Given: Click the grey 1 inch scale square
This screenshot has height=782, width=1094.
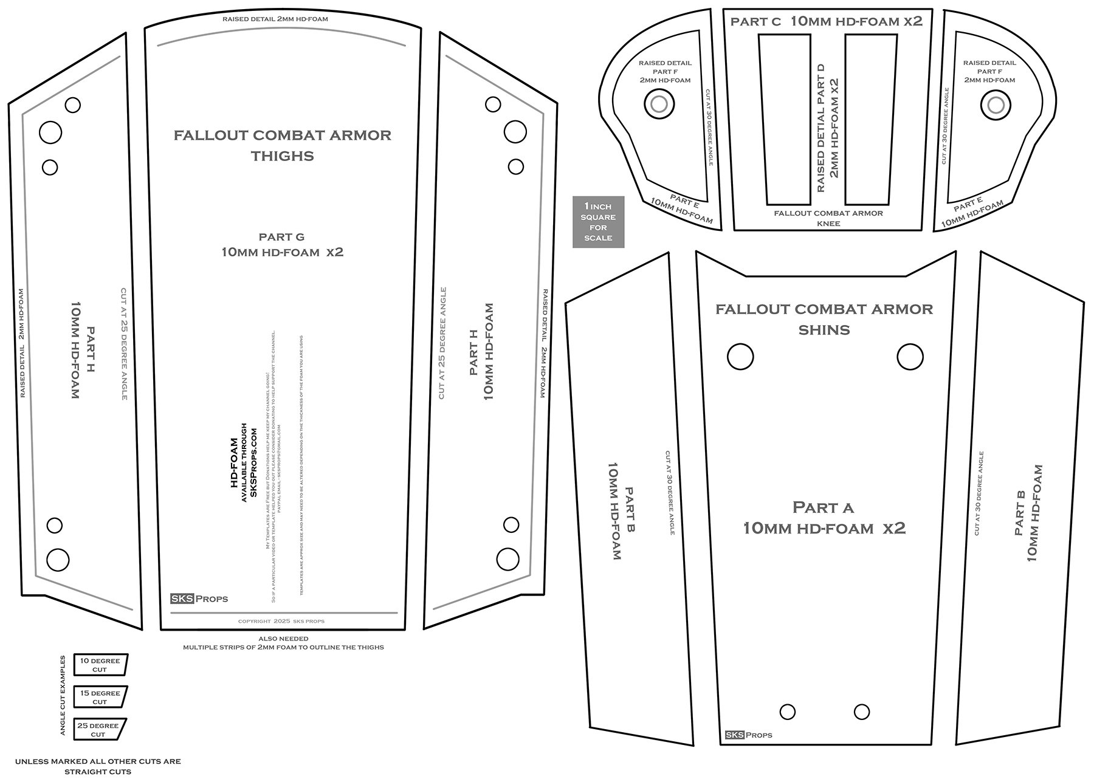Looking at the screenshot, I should click(x=598, y=222).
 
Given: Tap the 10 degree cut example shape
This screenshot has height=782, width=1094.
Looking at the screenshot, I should click(x=100, y=665).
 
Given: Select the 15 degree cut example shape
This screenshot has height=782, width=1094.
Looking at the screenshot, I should click(x=100, y=697).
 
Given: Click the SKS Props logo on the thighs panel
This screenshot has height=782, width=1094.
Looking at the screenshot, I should click(x=199, y=599).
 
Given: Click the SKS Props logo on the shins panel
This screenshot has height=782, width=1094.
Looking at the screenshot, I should click(x=748, y=735).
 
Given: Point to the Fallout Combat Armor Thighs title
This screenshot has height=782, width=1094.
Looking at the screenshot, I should click(x=283, y=145).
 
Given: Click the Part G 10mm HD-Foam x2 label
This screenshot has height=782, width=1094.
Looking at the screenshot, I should click(x=282, y=244).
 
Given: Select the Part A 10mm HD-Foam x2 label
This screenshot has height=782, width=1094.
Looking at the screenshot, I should click(x=824, y=518).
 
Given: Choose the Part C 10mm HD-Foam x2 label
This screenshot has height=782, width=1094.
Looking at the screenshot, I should click(x=827, y=21).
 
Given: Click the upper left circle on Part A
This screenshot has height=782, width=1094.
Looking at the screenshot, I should click(x=740, y=357).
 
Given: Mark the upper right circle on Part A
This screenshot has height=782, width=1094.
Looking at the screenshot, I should click(x=910, y=357).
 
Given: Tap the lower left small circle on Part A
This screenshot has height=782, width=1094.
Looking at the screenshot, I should click(x=787, y=712).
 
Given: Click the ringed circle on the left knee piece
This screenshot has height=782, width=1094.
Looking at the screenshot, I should click(x=659, y=105).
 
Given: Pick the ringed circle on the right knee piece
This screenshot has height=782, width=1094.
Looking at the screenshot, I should click(x=996, y=105).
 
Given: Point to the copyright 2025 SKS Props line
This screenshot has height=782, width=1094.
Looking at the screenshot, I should click(x=281, y=622).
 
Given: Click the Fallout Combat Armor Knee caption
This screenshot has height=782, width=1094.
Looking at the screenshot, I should click(x=828, y=218).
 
